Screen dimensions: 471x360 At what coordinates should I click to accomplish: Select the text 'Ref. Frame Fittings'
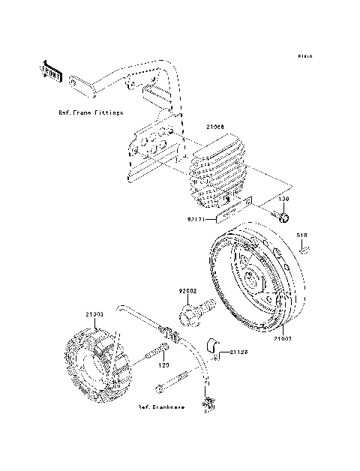[91, 112]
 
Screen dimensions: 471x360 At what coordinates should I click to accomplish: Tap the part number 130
[284, 200]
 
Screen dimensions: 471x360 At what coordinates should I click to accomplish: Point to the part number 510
[301, 235]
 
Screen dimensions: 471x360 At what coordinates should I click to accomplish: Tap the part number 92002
[187, 290]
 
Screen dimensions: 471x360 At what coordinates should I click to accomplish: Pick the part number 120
[160, 366]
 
